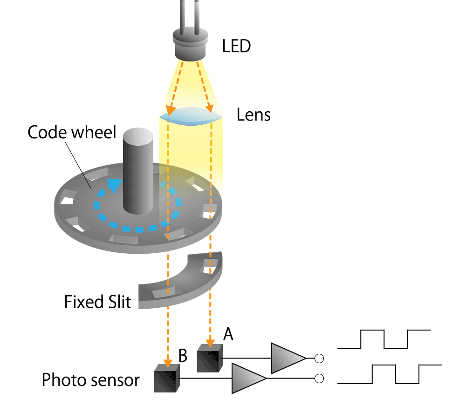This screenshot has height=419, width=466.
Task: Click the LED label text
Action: click(x=237, y=46)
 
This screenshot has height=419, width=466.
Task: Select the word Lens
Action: click(x=254, y=115)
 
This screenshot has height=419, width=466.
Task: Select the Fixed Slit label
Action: click(x=98, y=302)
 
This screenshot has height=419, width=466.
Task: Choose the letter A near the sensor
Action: click(x=228, y=333)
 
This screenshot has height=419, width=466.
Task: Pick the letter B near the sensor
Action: click(x=183, y=356)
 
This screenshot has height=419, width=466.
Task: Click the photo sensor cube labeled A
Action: click(x=210, y=358)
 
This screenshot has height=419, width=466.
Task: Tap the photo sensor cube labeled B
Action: click(x=167, y=378)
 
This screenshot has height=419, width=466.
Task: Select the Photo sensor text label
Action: click(x=90, y=380)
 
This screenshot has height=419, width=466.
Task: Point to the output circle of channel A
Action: click(x=319, y=358)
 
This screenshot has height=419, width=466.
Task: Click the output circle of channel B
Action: click(x=319, y=378)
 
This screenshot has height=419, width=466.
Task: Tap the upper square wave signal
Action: click(x=384, y=339)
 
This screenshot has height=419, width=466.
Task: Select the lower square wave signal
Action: click(x=390, y=374)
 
